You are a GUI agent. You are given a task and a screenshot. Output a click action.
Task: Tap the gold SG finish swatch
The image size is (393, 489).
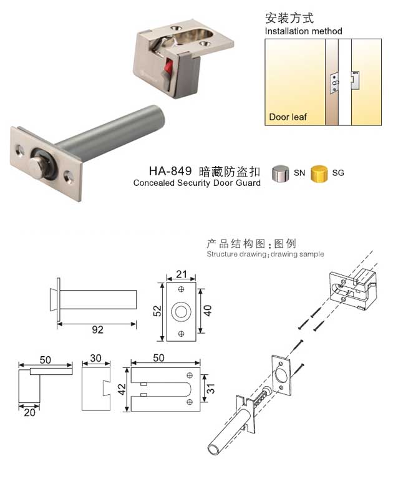[x=319, y=172]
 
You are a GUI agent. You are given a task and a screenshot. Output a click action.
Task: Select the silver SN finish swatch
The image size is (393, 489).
[x=281, y=173]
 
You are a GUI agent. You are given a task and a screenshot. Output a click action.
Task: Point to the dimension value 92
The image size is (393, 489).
[x=97, y=330]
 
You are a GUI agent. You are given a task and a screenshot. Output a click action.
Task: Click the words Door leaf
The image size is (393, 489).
[x=288, y=117]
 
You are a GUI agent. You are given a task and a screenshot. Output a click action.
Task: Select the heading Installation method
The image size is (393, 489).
[x=303, y=31]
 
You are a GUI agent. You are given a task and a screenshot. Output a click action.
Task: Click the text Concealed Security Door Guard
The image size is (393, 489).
[x=196, y=183]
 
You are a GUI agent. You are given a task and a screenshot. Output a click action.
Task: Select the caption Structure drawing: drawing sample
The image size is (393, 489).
[x=265, y=254]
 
